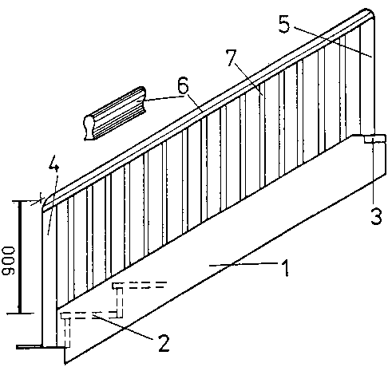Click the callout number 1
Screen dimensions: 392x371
pos(285,268)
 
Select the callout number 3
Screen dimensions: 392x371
pos(376,216)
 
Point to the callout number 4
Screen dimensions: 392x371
pos(53,164)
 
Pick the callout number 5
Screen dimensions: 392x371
pos(284,24)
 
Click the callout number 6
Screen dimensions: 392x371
pos(183,85)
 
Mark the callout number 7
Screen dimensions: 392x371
pos(231,57)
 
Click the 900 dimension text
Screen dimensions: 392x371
pos(9,261)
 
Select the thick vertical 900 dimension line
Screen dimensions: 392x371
pos(19,257)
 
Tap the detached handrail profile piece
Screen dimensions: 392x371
pos(115,112)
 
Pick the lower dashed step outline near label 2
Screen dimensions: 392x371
pos(85,326)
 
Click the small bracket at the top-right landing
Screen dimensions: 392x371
pos(374,139)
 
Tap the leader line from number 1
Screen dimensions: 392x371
pos(244,264)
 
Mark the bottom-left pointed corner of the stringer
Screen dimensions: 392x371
pos(65,363)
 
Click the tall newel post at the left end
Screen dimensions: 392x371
pos(49,277)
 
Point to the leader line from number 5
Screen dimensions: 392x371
pos(333,42)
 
